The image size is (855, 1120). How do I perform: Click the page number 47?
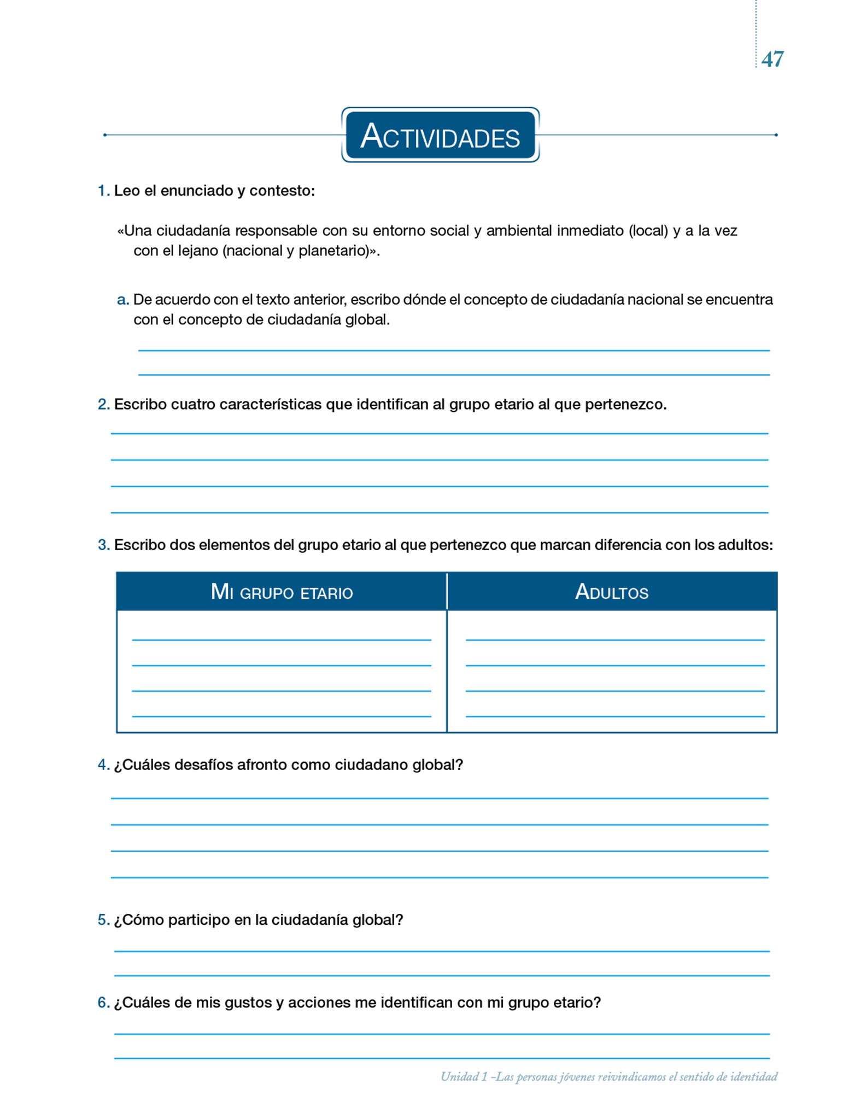pos(772,59)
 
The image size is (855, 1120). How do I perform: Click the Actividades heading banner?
pos(440,136)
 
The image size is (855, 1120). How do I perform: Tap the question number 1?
pos(103,191)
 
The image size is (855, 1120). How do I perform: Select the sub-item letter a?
pos(122,300)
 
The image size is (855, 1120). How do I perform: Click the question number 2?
pos(103,405)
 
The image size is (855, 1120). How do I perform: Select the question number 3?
pos(103,545)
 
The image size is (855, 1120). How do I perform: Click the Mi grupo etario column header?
pos(282,592)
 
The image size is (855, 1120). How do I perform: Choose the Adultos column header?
pos(612,592)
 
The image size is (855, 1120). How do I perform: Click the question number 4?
pos(103,765)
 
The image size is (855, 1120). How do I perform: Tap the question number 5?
pos(103,920)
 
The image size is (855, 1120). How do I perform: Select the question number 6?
pos(103,1003)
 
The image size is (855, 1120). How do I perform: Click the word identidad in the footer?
pos(754,1077)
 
